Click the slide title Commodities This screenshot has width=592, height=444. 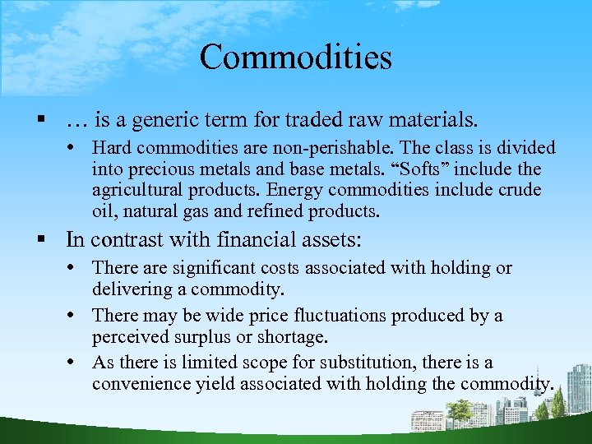295,58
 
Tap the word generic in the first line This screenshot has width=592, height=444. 157,121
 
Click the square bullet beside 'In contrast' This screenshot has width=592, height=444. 39,240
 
